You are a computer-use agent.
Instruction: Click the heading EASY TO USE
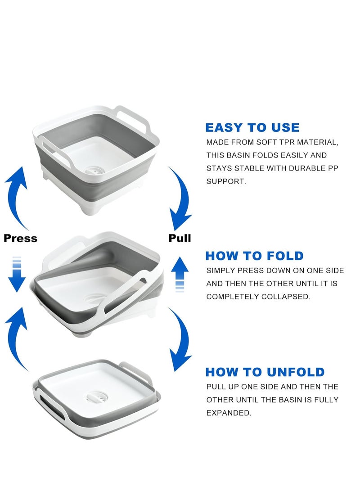coord(252,127)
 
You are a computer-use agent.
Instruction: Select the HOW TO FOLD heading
coord(255,256)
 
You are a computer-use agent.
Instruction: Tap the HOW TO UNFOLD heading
coord(265,372)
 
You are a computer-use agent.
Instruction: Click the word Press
coord(20,238)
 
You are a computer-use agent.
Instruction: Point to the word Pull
coord(180,238)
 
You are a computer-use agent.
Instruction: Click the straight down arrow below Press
coord(17,274)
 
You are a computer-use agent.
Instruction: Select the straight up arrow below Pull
coord(180,274)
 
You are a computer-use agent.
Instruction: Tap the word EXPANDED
coord(229,413)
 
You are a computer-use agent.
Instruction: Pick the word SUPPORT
coord(226,181)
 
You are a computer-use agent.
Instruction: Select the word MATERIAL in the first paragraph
coord(317,142)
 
